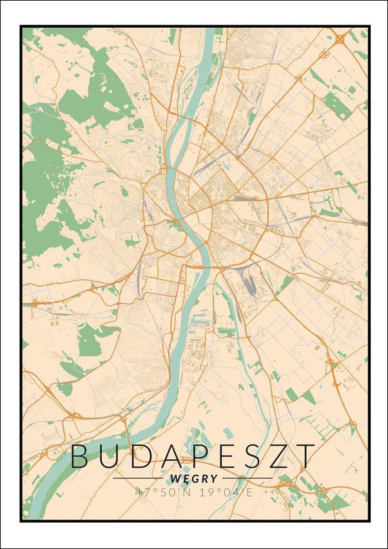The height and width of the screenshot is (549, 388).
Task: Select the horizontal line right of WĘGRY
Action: tap(247, 479)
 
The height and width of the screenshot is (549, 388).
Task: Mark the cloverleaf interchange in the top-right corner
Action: tap(340, 39)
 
